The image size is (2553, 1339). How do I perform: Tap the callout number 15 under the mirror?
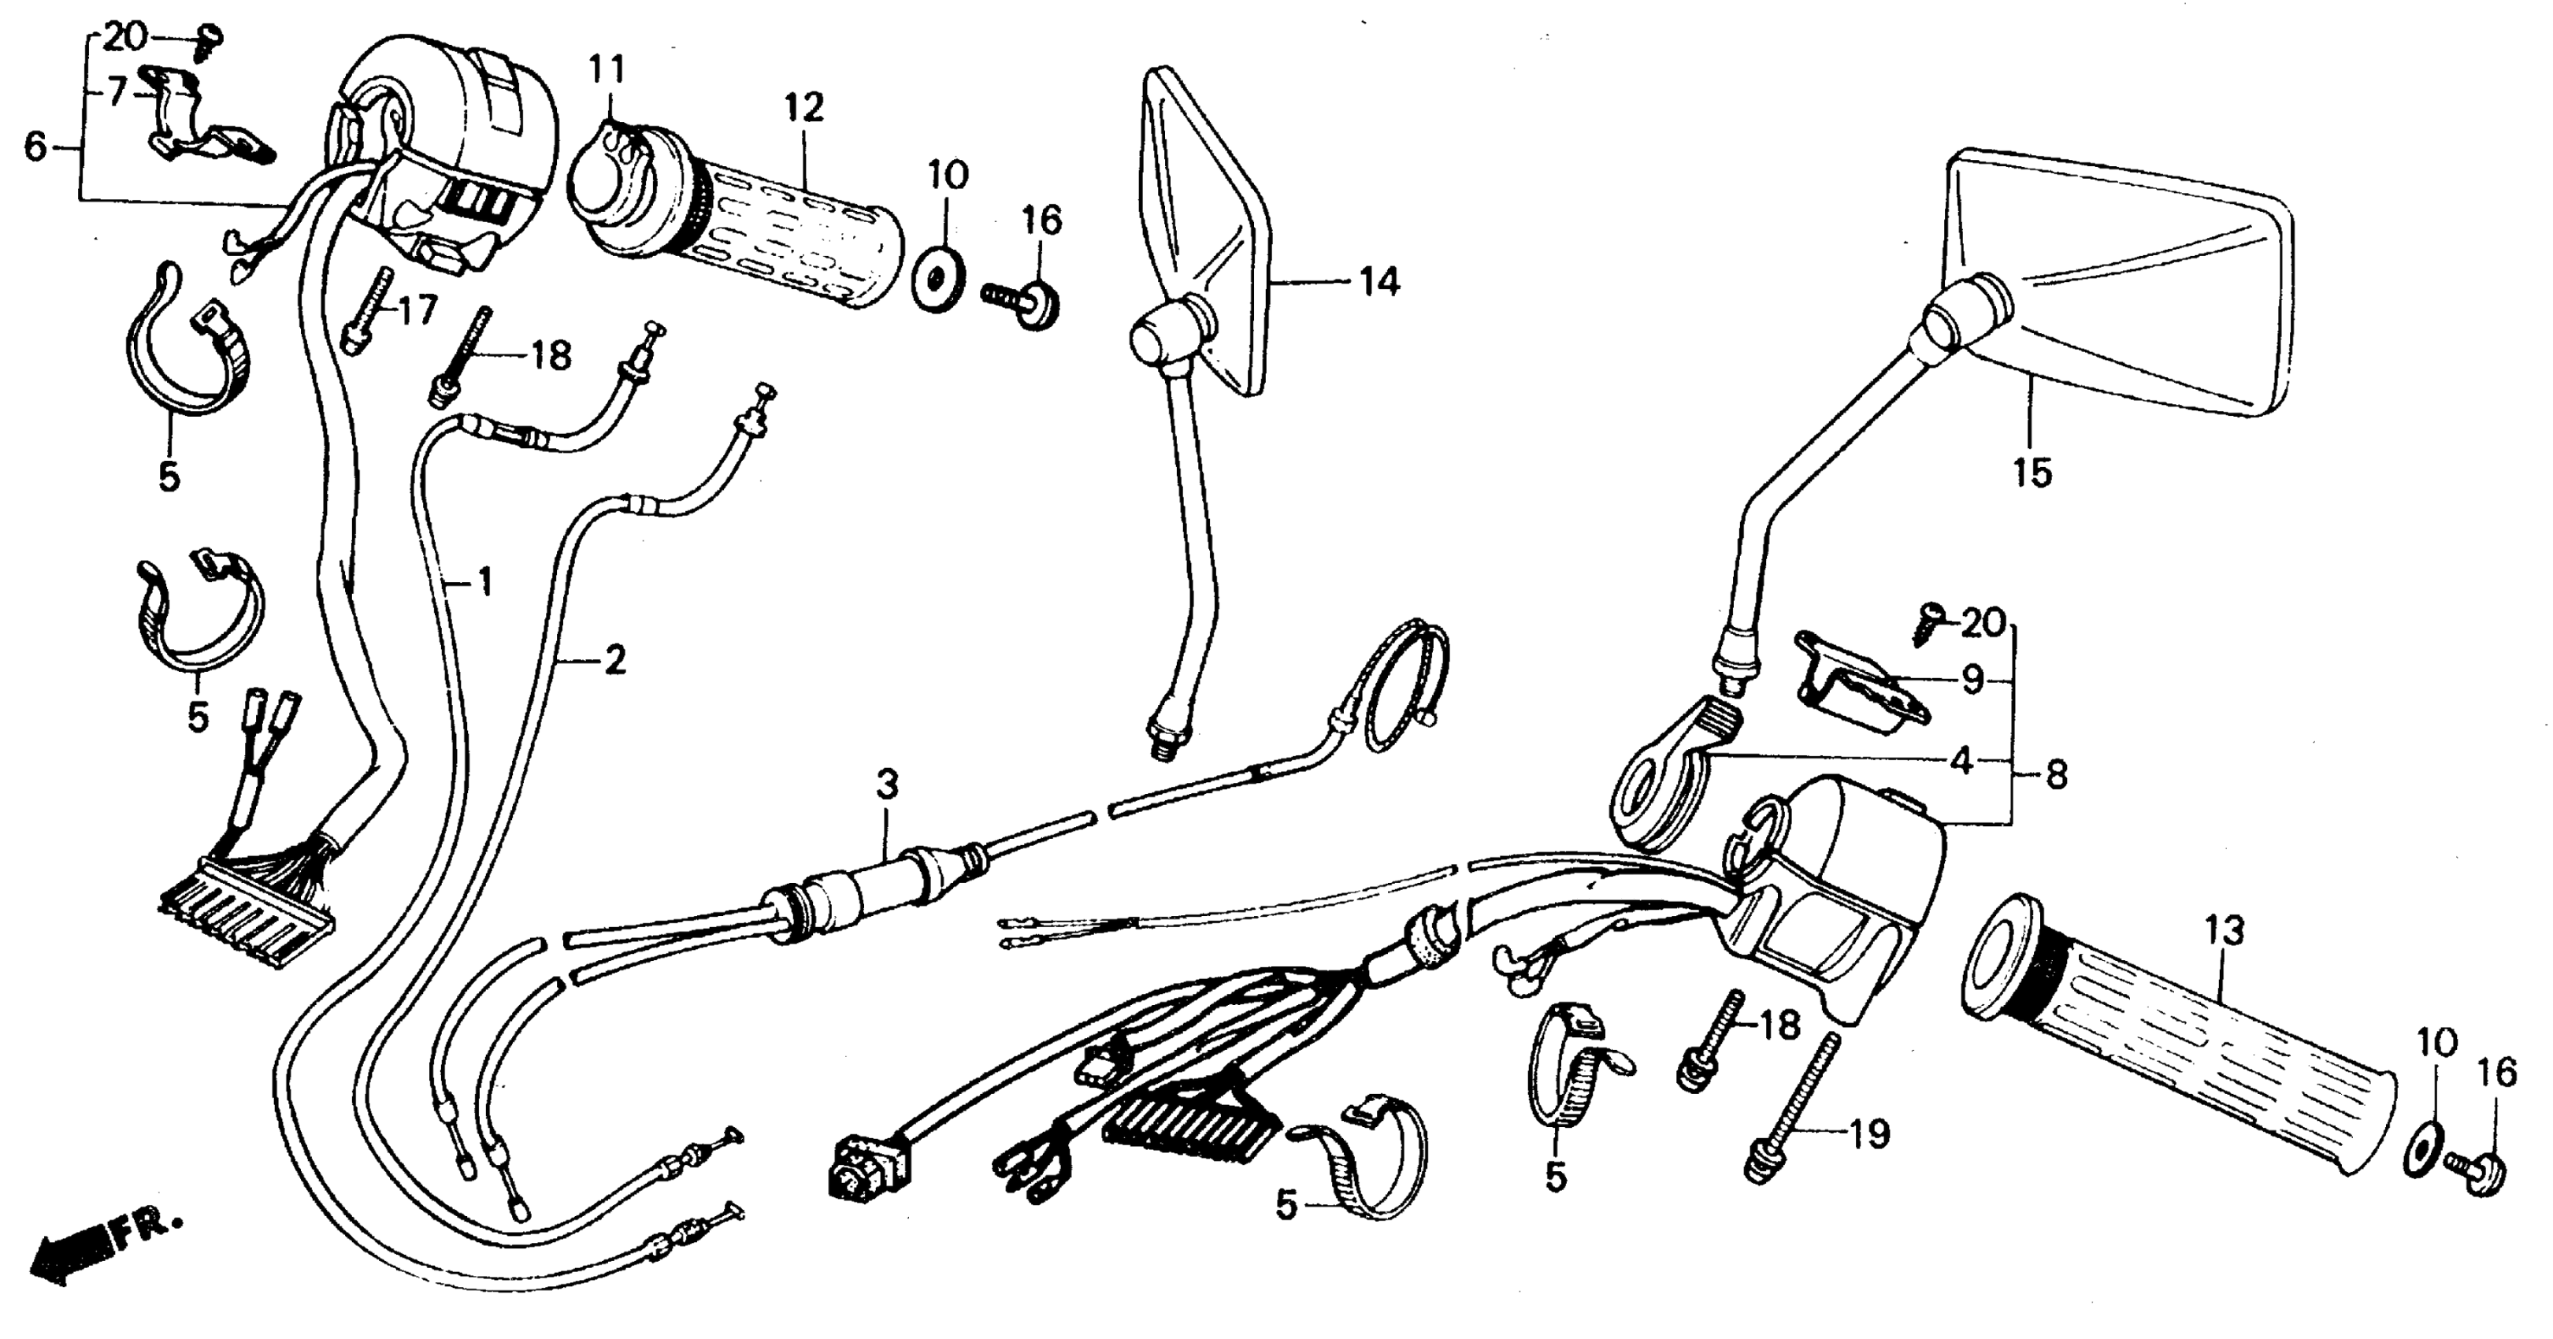click(x=2031, y=472)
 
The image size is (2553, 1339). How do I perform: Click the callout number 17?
click(x=417, y=310)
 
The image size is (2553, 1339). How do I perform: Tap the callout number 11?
click(x=607, y=70)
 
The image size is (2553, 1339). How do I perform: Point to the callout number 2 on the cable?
click(x=614, y=659)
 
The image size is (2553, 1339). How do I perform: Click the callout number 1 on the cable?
click(x=484, y=582)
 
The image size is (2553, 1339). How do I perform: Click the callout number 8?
click(x=2057, y=775)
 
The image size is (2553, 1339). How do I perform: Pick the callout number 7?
click(x=117, y=92)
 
